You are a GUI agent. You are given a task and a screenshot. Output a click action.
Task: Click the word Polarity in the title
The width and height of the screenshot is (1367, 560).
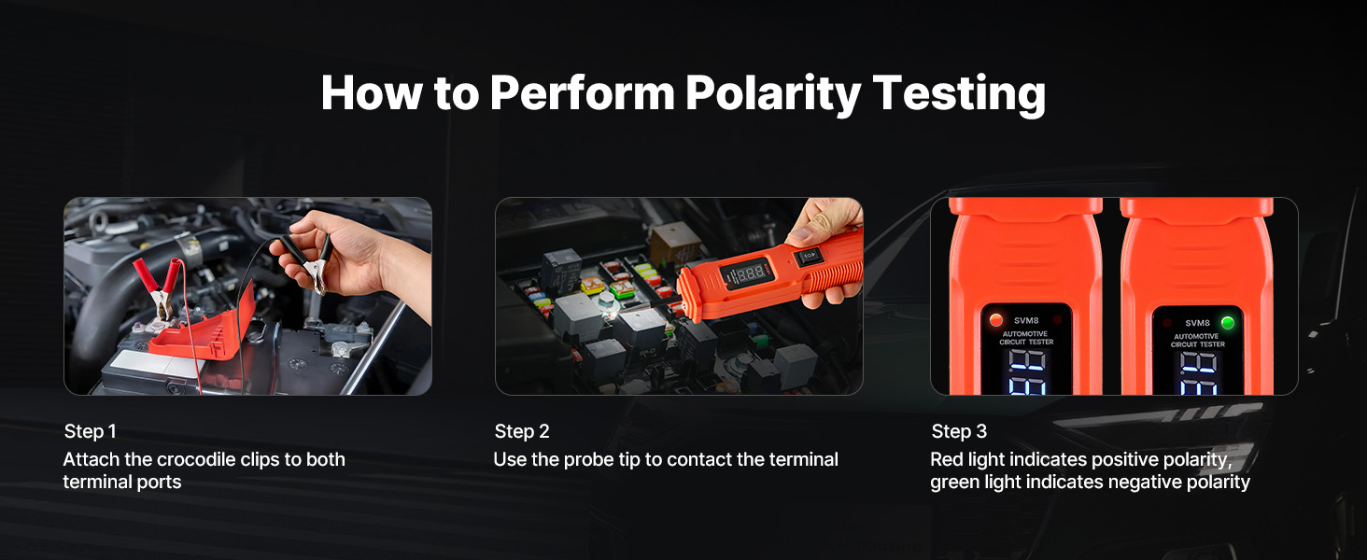click(772, 93)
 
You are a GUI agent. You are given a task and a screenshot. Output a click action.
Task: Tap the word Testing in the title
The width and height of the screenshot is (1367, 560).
click(959, 93)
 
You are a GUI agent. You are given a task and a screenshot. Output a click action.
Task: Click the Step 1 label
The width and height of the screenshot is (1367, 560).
click(91, 431)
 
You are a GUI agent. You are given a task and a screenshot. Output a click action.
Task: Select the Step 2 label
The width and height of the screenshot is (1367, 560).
click(522, 431)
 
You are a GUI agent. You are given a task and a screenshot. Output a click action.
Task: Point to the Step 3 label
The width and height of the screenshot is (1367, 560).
click(959, 431)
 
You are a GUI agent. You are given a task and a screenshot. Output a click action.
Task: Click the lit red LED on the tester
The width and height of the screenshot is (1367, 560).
click(996, 319)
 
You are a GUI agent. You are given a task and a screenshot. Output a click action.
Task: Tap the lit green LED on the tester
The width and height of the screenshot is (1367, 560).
click(1227, 322)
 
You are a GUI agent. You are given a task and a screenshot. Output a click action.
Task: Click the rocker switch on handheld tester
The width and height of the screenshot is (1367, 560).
click(809, 256)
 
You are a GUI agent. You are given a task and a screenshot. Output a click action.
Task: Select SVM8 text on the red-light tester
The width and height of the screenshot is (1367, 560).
click(1026, 320)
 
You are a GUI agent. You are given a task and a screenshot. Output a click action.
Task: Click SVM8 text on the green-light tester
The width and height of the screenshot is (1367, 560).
click(1197, 323)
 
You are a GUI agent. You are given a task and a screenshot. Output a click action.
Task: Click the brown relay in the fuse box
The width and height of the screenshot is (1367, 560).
click(675, 242)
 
